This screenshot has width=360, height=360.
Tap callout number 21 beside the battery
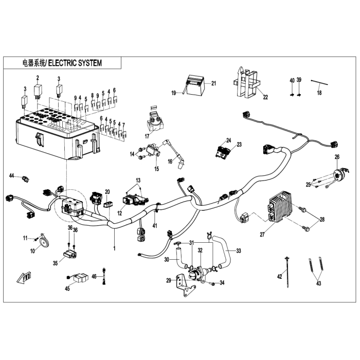pos(213,83)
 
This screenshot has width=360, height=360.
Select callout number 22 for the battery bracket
pos(265,97)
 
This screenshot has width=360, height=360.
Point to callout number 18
pos(319,93)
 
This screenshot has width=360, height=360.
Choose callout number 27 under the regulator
pos(262,235)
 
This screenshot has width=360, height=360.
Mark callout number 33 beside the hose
pos(238,250)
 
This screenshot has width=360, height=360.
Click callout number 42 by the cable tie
pos(280,277)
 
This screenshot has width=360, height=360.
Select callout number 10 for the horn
pos(32,251)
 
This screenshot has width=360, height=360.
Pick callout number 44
pos(11,176)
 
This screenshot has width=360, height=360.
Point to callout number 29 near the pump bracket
pos(168,280)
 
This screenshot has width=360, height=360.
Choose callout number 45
pos(67,289)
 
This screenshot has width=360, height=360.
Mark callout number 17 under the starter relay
pos(147,136)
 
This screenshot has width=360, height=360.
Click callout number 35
pos(56,263)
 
